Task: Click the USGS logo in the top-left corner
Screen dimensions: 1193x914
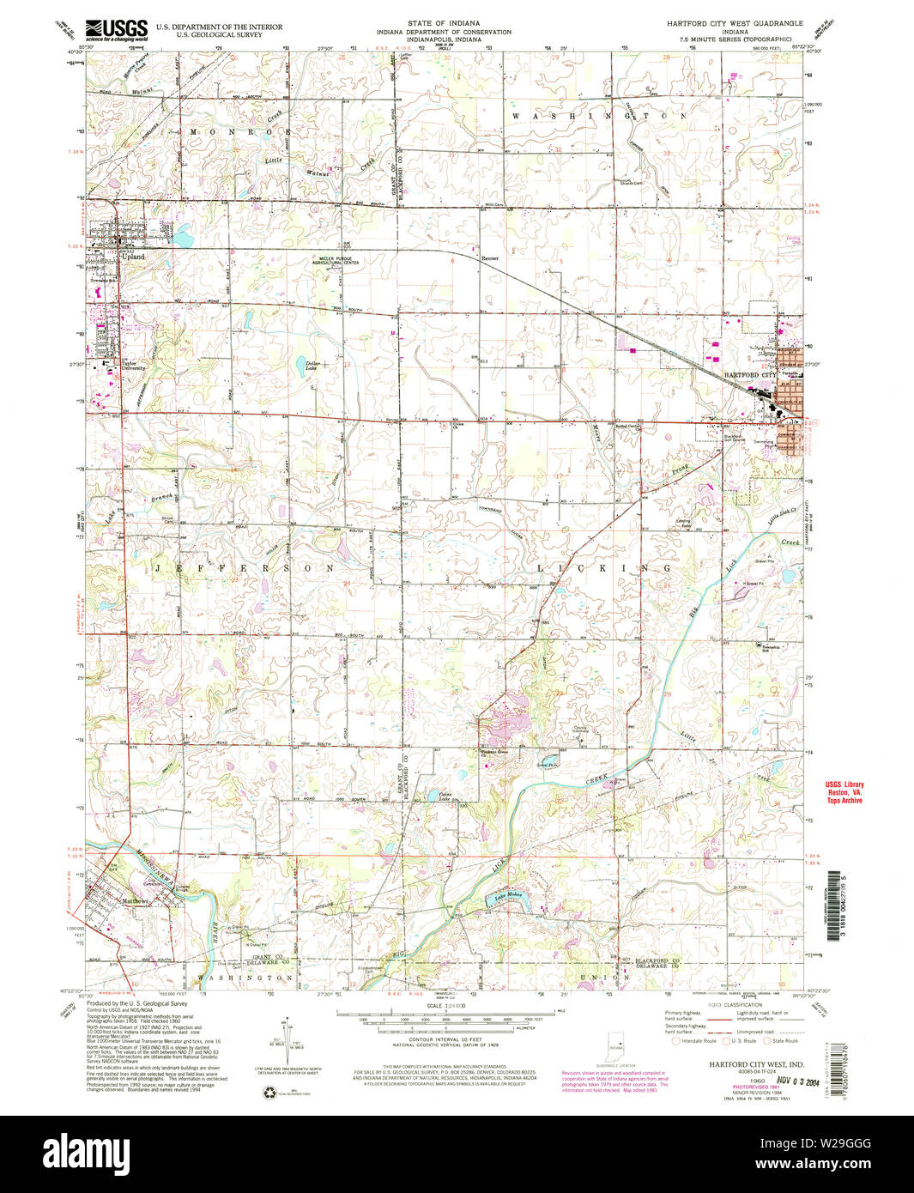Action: [x=117, y=30]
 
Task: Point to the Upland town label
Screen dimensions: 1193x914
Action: [x=133, y=257]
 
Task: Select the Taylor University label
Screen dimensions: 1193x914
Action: [x=130, y=365]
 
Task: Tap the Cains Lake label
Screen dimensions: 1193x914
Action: [x=445, y=797]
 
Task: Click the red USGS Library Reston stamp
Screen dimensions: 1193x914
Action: [x=844, y=792]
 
